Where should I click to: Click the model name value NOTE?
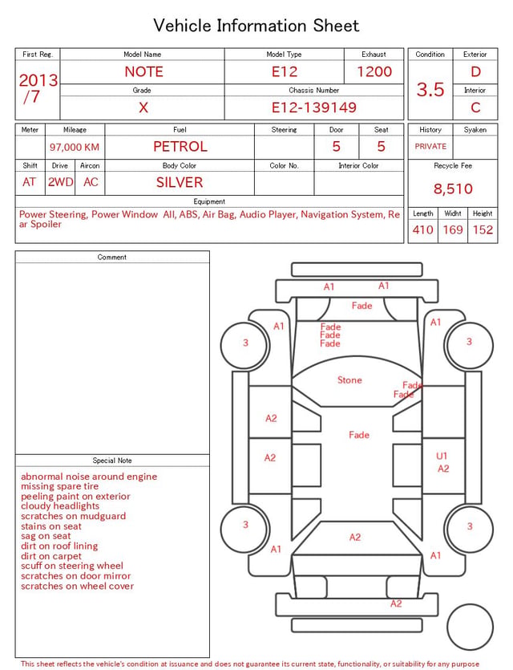[143, 71]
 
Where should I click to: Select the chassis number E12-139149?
[313, 108]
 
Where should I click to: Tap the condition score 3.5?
[430, 89]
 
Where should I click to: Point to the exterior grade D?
[475, 71]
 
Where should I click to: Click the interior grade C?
[475, 108]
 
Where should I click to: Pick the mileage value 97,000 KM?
[75, 147]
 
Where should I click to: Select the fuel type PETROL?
[180, 147]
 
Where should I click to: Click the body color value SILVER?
[180, 182]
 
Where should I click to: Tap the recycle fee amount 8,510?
[453, 189]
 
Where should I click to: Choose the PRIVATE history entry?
[430, 146]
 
